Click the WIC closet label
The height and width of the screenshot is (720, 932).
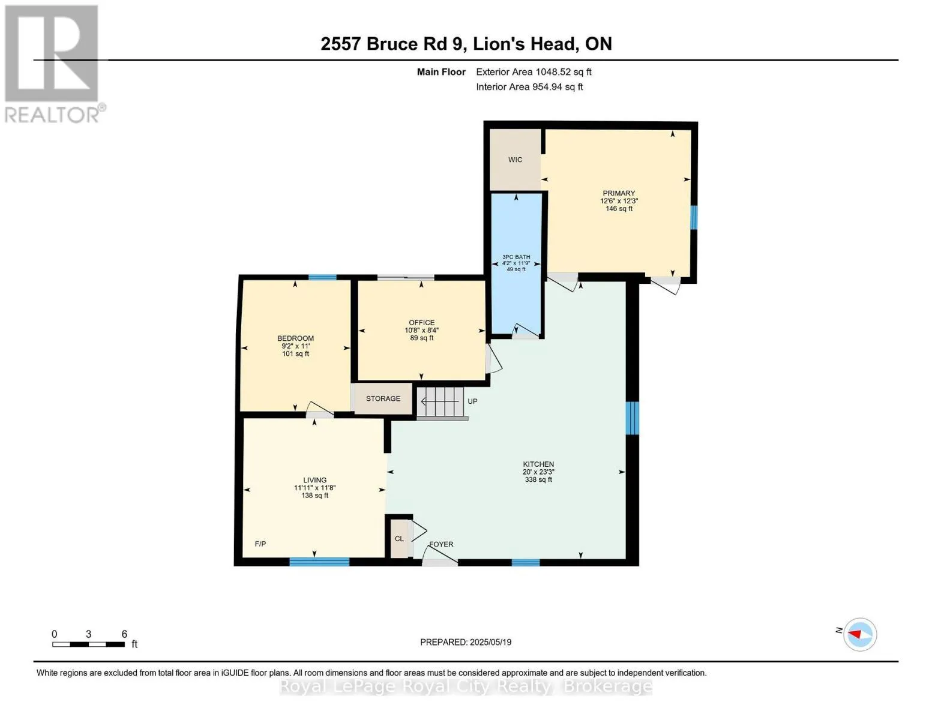click(515, 160)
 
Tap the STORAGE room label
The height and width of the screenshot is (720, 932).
click(383, 398)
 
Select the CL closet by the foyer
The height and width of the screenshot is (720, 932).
click(400, 539)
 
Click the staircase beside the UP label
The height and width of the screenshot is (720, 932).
click(440, 401)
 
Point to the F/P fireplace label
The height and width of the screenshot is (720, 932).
click(260, 544)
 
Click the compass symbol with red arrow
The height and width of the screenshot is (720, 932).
click(859, 634)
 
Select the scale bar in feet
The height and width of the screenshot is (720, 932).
click(88, 644)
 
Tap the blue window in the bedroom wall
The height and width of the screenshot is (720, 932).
click(322, 277)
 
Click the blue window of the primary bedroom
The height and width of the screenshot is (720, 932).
click(693, 217)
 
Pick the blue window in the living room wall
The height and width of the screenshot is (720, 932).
click(319, 562)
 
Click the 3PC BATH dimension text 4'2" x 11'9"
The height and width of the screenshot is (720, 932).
click(516, 263)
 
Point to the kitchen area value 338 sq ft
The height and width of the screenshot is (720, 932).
click(538, 479)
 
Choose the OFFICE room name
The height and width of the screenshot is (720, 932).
click(422, 322)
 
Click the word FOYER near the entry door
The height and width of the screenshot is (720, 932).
click(441, 544)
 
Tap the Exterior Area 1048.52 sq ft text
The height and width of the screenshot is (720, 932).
click(534, 72)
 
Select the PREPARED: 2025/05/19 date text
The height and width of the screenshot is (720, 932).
click(466, 642)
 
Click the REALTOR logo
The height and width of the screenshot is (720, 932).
click(53, 64)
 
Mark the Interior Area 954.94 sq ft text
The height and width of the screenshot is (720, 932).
click(529, 87)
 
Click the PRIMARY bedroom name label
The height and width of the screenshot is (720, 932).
click(619, 193)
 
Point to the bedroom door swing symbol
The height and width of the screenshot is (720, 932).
click(320, 409)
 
